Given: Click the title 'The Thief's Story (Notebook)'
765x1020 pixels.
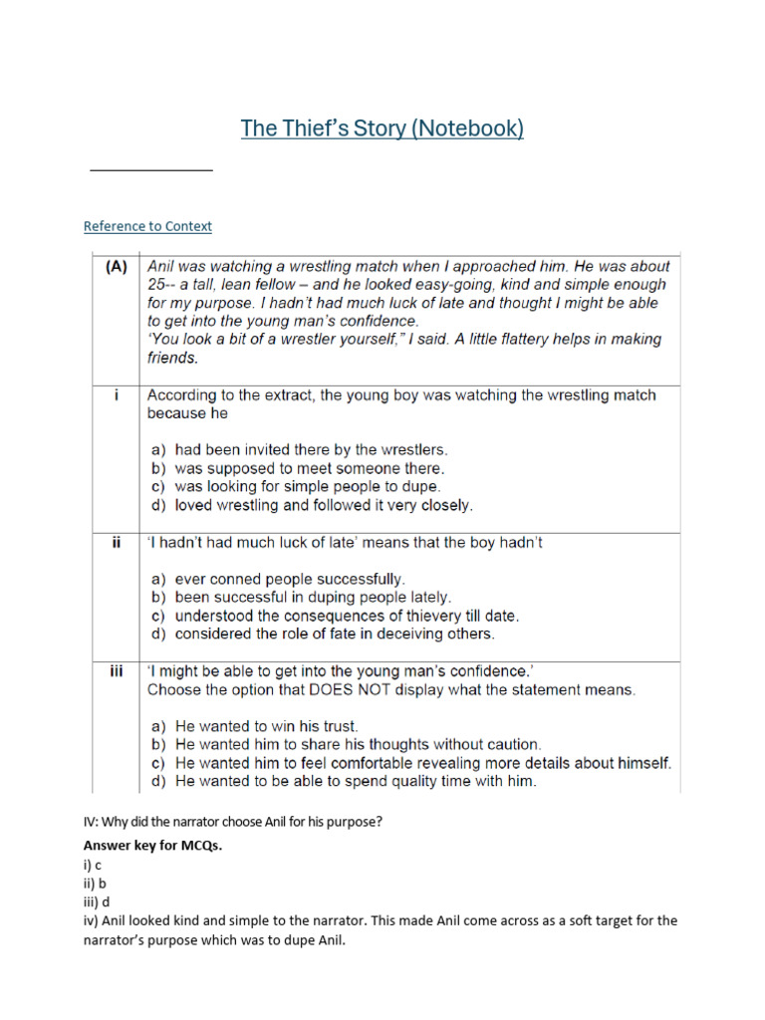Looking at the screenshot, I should (382, 128).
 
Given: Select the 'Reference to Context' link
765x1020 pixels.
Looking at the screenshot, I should (147, 226).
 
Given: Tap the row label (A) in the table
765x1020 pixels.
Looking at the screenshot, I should (116, 267).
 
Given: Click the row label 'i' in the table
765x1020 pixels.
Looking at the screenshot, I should (117, 395).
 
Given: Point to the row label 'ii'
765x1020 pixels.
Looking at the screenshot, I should (117, 543).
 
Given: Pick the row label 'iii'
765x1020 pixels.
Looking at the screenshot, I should (117, 671).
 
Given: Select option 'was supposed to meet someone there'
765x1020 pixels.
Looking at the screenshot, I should (298, 468).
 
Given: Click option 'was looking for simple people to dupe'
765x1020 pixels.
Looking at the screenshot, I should (296, 487).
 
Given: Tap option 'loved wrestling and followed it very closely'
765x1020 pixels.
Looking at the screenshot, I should (312, 505).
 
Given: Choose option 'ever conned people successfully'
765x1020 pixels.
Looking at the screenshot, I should (278, 578).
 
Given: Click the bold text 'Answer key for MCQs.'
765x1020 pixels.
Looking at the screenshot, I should (152, 846).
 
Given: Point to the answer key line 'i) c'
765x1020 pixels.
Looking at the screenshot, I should (93, 865).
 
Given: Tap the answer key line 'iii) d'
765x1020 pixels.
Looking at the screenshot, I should (97, 901).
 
